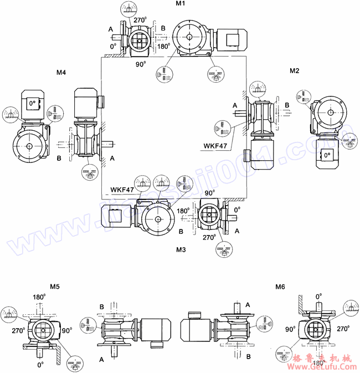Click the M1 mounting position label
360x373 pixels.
[181, 4]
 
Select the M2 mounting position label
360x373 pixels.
[295, 70]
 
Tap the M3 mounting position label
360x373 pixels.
[181, 250]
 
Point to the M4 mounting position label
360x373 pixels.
[61, 73]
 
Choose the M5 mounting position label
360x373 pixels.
[55, 287]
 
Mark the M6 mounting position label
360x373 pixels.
[280, 287]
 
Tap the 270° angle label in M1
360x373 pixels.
[140, 20]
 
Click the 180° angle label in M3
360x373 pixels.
[183, 211]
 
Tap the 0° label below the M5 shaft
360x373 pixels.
[40, 365]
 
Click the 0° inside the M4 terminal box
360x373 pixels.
[32, 103]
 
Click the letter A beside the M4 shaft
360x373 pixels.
[112, 158]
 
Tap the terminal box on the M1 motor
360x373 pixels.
[232, 38]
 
